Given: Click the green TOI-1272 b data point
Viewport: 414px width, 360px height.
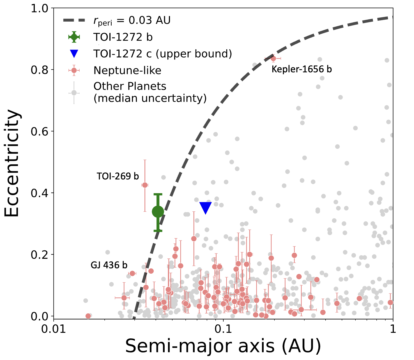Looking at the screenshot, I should tap(158, 212).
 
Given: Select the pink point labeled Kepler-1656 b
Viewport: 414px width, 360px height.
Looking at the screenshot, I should tap(273, 58).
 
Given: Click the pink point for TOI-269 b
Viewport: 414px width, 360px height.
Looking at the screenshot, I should tap(145, 185).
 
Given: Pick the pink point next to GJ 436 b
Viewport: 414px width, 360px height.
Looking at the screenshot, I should tap(132, 273).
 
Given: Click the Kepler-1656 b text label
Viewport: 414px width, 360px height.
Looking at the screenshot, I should tap(302, 69).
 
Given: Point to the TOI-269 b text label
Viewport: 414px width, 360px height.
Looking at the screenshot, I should tap(118, 176).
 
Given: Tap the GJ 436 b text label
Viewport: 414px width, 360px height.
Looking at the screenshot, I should tap(109, 265).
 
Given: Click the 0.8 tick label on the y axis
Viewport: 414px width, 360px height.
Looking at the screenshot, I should tap(40, 70).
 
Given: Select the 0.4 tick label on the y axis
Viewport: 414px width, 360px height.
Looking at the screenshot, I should tap(40, 193).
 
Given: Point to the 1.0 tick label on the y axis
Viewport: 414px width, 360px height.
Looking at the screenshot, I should tap(40, 9).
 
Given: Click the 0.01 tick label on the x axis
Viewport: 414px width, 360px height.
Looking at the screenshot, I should tap(53, 329).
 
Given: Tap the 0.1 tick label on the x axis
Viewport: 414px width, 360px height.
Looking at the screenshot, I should tap(223, 329).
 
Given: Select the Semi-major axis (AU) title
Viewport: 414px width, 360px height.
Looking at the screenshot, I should tap(223, 346).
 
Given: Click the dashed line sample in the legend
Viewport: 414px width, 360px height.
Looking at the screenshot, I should tap(74, 20).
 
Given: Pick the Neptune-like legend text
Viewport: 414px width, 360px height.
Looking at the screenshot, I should tap(127, 70).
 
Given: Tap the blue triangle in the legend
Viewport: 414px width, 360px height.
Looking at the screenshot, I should tap(74, 54).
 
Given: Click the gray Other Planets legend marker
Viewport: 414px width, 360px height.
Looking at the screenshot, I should tap(74, 93).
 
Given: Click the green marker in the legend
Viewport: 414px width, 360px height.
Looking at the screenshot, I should tap(74, 37).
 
